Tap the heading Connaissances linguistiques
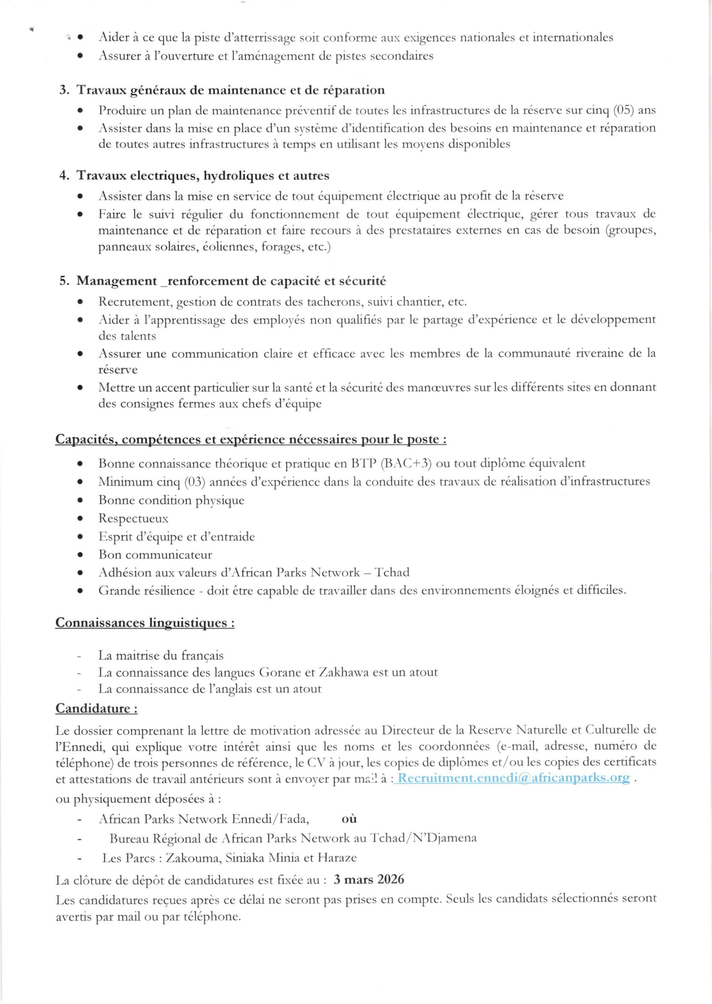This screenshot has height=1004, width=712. [145, 623]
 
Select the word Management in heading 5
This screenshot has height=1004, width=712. [116, 281]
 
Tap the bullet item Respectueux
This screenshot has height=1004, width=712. [133, 519]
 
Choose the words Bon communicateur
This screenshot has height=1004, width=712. [155, 555]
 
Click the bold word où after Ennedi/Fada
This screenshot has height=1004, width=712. [348, 819]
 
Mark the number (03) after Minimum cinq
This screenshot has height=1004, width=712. [194, 482]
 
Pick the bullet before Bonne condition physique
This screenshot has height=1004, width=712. [80, 500]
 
